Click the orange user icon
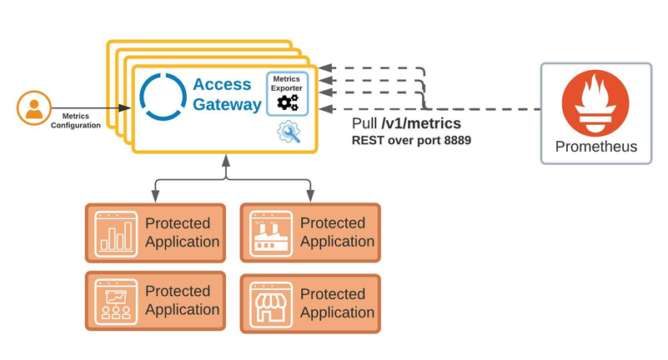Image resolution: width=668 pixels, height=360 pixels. [33, 108]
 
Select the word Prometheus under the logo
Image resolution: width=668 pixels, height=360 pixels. [595, 147]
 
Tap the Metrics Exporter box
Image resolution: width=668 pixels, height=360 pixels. [287, 92]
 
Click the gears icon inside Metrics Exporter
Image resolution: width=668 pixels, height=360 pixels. [287, 102]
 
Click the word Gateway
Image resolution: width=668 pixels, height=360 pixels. [227, 105]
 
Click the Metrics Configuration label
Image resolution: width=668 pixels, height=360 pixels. [76, 121]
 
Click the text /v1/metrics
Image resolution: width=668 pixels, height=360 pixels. [425, 124]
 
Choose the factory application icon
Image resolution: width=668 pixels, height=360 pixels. [271, 232]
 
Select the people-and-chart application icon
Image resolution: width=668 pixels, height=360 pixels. [115, 300]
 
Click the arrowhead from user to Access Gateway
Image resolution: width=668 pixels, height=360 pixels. [127, 108]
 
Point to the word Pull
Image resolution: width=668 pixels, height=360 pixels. [368, 124]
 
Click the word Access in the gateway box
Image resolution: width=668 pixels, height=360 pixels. [221, 84]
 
